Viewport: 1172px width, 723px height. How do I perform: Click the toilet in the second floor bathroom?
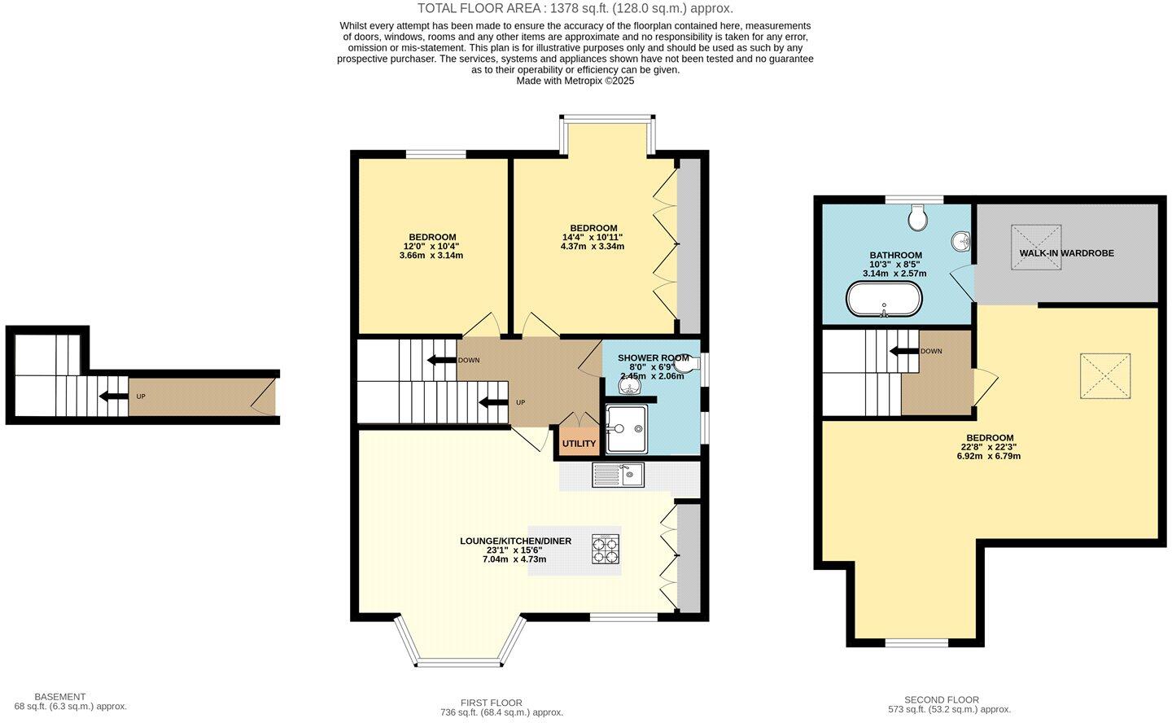[x=918, y=217]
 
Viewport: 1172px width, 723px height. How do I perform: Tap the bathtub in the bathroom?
[x=885, y=300]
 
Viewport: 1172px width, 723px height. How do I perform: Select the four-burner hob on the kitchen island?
[x=606, y=550]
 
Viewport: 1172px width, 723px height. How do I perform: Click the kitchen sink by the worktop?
[x=619, y=475]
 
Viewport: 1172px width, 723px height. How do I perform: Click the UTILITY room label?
[x=579, y=444]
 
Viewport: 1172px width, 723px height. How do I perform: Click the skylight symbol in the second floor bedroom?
[x=1105, y=375]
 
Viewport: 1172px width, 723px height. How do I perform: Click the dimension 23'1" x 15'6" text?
[x=514, y=550]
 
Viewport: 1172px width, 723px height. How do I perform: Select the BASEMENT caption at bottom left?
[x=59, y=697]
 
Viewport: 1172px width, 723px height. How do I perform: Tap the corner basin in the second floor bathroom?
[x=961, y=241]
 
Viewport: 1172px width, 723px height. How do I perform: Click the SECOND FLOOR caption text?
[x=941, y=699]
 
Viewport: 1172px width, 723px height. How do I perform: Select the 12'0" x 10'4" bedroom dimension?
[x=431, y=246]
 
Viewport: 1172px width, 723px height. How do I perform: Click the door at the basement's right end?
[x=265, y=398]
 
